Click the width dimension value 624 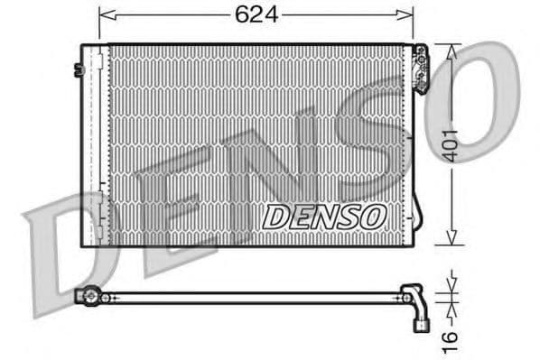pyautogui.click(x=256, y=15)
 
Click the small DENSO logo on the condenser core pyautogui.click(x=325, y=217)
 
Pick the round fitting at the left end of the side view pyautogui.click(x=89, y=295)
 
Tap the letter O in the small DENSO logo pyautogui.click(x=375, y=217)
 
